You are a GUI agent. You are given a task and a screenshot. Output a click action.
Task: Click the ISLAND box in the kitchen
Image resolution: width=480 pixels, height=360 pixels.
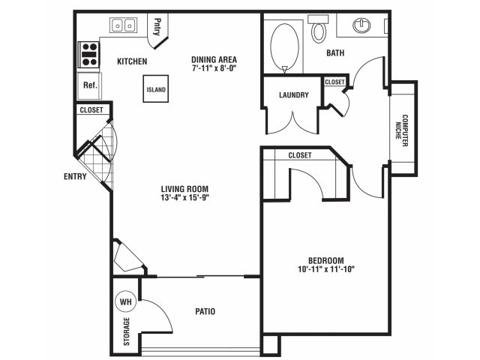(x=156, y=88)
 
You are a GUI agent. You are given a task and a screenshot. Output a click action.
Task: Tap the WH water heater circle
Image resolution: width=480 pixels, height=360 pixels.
(x=125, y=301)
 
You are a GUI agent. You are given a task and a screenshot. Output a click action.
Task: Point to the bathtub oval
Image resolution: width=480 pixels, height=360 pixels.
(x=285, y=46)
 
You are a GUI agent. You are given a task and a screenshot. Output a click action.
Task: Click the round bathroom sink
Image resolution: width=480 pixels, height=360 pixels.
(x=361, y=25)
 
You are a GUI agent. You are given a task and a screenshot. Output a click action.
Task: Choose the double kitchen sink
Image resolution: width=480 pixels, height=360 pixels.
(x=123, y=25)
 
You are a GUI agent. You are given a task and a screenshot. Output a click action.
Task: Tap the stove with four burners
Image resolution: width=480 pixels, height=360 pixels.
(x=89, y=55)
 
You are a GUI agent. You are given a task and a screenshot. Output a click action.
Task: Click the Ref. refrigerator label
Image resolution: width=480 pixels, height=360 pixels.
(x=90, y=85)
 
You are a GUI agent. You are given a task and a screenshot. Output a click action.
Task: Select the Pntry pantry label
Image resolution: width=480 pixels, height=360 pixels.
(x=157, y=27)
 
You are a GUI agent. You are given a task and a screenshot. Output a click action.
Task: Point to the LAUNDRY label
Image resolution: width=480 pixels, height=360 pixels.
(x=293, y=95)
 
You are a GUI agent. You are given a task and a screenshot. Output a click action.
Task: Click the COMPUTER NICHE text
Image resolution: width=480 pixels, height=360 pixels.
(x=402, y=130)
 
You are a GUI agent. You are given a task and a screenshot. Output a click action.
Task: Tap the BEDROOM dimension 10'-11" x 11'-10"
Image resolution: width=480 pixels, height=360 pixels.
(x=325, y=269)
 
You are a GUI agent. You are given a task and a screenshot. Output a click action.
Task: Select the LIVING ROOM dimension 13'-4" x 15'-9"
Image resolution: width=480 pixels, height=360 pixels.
(x=184, y=197)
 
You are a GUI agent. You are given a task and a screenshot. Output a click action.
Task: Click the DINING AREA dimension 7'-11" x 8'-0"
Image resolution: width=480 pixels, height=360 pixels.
(x=214, y=67)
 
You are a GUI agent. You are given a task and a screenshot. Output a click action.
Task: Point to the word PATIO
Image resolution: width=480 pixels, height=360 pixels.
(x=205, y=311)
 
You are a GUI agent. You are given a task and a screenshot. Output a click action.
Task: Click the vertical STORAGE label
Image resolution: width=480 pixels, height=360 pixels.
(x=127, y=331)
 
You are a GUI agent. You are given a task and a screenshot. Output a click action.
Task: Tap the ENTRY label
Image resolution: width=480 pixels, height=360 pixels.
(x=75, y=176)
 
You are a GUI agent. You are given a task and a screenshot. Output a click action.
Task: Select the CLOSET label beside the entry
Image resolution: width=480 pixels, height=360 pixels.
(x=91, y=109)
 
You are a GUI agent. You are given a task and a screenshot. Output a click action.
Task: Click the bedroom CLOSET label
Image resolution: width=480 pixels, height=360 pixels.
(x=300, y=155)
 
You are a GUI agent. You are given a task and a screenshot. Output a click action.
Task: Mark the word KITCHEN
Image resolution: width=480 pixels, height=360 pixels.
(x=132, y=61)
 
